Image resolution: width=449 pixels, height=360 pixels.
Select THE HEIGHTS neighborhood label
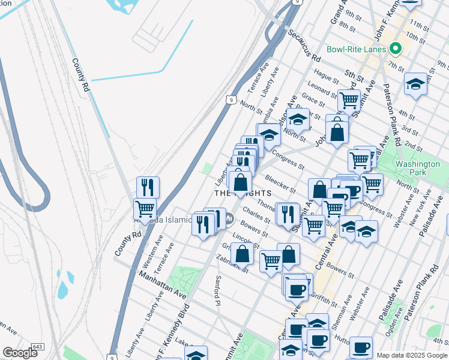point(243,193)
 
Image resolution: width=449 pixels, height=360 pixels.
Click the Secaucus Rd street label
point(303,46)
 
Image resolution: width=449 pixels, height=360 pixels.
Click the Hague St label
point(327,76)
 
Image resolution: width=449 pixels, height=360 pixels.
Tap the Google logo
point(20,352)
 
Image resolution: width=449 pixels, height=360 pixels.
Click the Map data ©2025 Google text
point(412,355)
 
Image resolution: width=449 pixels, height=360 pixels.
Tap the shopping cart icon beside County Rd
point(145,209)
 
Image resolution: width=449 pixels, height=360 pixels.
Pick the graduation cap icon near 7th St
point(415,83)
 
